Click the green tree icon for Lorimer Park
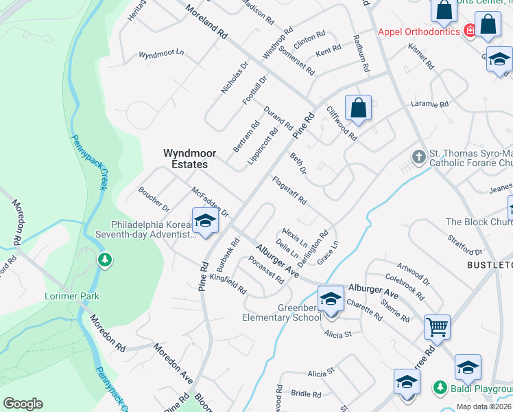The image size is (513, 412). point(104,260)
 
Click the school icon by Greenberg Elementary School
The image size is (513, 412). point(331,299)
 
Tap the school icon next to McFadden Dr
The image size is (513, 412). point(204,221)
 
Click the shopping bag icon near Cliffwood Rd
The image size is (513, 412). point(358,108)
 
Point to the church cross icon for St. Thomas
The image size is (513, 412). point(419,157)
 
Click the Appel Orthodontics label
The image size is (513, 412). point(418,31)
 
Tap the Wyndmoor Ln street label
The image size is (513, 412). point(162,53)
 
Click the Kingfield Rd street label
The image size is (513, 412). point(229,282)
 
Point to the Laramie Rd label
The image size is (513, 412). point(430,104)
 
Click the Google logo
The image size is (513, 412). point(23,403)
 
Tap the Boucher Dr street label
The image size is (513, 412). point(154,198)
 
